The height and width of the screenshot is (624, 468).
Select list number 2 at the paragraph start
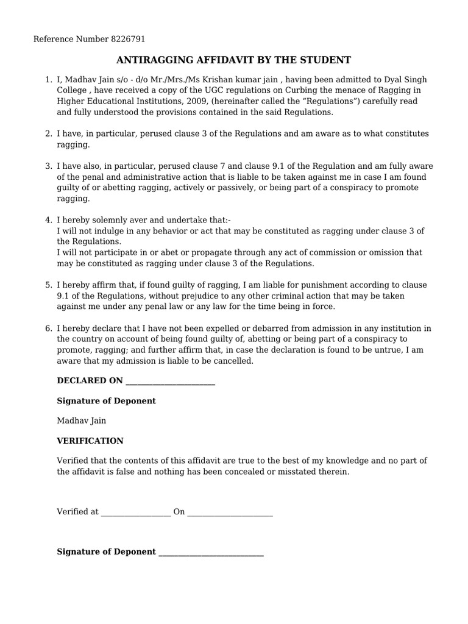tap(49, 133)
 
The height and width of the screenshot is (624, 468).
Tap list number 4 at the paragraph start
tap(49, 220)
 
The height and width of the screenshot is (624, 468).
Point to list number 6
tap(49, 328)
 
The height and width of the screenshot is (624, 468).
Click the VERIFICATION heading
tap(90, 441)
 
